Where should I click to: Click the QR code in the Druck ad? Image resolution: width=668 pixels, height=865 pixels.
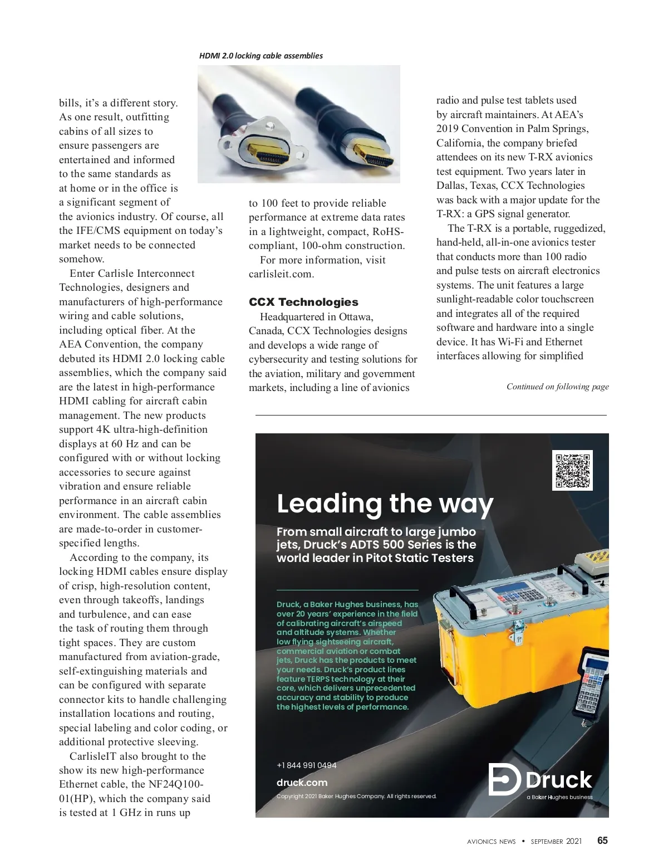click(572, 471)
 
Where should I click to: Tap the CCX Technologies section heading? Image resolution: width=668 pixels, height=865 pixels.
click(303, 302)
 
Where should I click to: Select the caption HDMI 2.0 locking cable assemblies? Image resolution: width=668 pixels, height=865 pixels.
click(261, 56)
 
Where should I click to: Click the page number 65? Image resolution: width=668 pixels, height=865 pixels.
click(602, 840)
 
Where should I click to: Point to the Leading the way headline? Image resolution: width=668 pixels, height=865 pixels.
click(385, 504)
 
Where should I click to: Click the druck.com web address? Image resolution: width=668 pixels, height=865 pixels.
click(302, 783)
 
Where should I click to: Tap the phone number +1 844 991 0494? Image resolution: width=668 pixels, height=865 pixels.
click(306, 765)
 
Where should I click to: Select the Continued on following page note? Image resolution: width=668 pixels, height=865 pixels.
click(557, 387)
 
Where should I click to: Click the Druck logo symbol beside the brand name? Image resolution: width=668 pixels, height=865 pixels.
click(504, 779)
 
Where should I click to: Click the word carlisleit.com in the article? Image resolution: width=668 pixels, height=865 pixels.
click(281, 274)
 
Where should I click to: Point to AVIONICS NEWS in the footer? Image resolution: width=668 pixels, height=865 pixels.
click(491, 842)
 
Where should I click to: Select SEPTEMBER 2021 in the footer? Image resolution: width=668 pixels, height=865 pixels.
click(556, 842)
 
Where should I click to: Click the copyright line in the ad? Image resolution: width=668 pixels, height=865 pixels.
click(356, 796)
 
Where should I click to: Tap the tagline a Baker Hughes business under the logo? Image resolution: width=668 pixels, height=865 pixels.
click(559, 797)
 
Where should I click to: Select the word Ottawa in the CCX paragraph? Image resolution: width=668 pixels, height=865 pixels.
click(356, 317)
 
